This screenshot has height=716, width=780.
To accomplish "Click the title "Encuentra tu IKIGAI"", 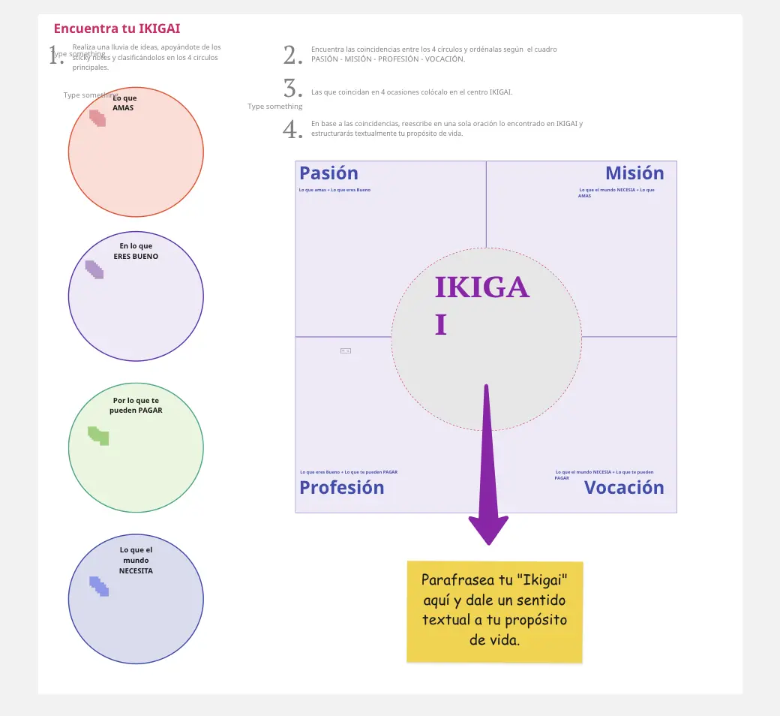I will [x=116, y=29].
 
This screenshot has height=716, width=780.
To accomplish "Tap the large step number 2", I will [x=292, y=55].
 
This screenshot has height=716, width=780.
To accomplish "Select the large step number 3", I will [x=292, y=89].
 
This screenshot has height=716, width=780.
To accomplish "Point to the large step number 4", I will [x=292, y=129].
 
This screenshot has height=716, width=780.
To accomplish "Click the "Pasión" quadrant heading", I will [x=328, y=173].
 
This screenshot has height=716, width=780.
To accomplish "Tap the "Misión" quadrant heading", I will [x=634, y=173].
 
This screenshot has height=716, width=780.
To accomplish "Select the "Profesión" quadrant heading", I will [x=341, y=488].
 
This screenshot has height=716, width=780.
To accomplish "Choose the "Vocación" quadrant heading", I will [x=624, y=488].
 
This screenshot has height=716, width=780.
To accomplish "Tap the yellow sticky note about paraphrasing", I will [x=494, y=612].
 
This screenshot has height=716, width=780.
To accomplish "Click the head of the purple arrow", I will [x=488, y=528].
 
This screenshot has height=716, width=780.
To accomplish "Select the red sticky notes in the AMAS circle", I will [x=97, y=118].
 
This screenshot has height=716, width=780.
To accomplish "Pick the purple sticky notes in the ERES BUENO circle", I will [x=94, y=269].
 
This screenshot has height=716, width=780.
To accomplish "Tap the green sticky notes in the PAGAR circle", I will [x=98, y=435].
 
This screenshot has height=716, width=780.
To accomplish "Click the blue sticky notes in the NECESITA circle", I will [x=99, y=586].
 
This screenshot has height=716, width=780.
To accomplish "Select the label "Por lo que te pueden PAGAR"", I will [x=136, y=405].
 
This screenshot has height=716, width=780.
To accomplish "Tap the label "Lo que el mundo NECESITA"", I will [x=136, y=560].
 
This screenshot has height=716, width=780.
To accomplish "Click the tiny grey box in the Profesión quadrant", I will [x=346, y=350].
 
